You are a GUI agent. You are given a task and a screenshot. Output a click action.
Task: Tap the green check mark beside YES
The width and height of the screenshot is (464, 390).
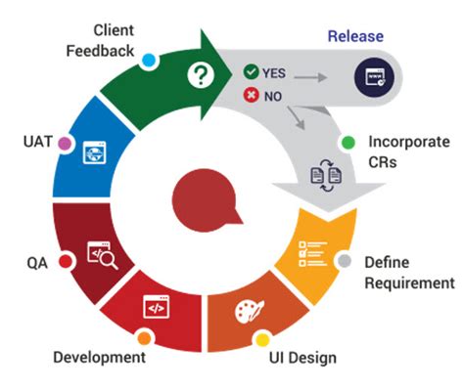pos(251,71)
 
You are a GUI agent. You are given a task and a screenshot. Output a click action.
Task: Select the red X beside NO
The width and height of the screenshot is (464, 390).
pos(251,95)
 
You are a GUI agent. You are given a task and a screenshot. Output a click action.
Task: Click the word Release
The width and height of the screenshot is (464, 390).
pos(355,37)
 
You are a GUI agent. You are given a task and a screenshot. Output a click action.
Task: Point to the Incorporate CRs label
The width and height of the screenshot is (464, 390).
pos(395,153)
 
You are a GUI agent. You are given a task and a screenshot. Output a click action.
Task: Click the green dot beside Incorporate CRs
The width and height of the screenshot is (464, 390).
pos(347,142)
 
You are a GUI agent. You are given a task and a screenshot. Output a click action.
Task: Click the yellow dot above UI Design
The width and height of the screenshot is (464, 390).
pos(261,340)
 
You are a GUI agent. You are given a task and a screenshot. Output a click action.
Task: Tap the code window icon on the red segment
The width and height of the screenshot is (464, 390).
pos(154,306)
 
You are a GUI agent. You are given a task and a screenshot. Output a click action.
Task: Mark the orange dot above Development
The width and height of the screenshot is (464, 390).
pos(144,338)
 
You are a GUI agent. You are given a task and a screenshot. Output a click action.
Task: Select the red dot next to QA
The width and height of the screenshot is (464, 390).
pos(65,261)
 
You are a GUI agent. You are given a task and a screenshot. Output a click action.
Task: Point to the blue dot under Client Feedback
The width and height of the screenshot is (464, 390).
pos(149,61)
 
